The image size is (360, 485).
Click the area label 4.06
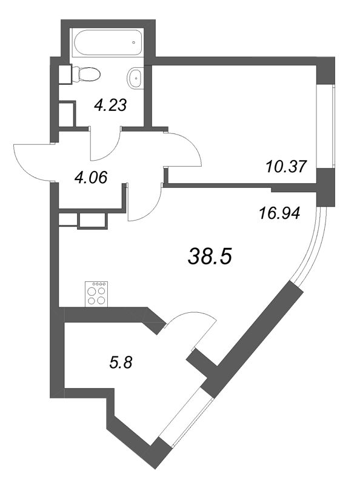90,178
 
